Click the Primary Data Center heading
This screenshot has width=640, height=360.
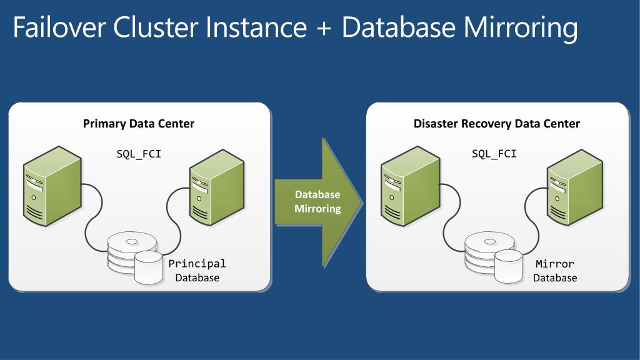click(138, 124)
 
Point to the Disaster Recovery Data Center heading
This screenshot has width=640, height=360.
click(497, 124)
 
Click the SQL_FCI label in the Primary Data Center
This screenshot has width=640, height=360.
click(139, 154)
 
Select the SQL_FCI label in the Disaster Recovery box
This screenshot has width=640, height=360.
click(494, 154)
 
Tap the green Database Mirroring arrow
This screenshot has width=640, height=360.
click(319, 202)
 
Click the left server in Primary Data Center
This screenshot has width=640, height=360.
click(52, 186)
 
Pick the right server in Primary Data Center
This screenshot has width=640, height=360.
click(217, 187)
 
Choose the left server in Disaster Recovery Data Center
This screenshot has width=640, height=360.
click(410, 186)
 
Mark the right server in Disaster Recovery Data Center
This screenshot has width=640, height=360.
click(575, 187)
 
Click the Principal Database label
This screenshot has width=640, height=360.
click(197, 271)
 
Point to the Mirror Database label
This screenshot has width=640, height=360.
click(555, 271)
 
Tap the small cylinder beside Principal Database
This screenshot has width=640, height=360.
click(149, 267)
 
